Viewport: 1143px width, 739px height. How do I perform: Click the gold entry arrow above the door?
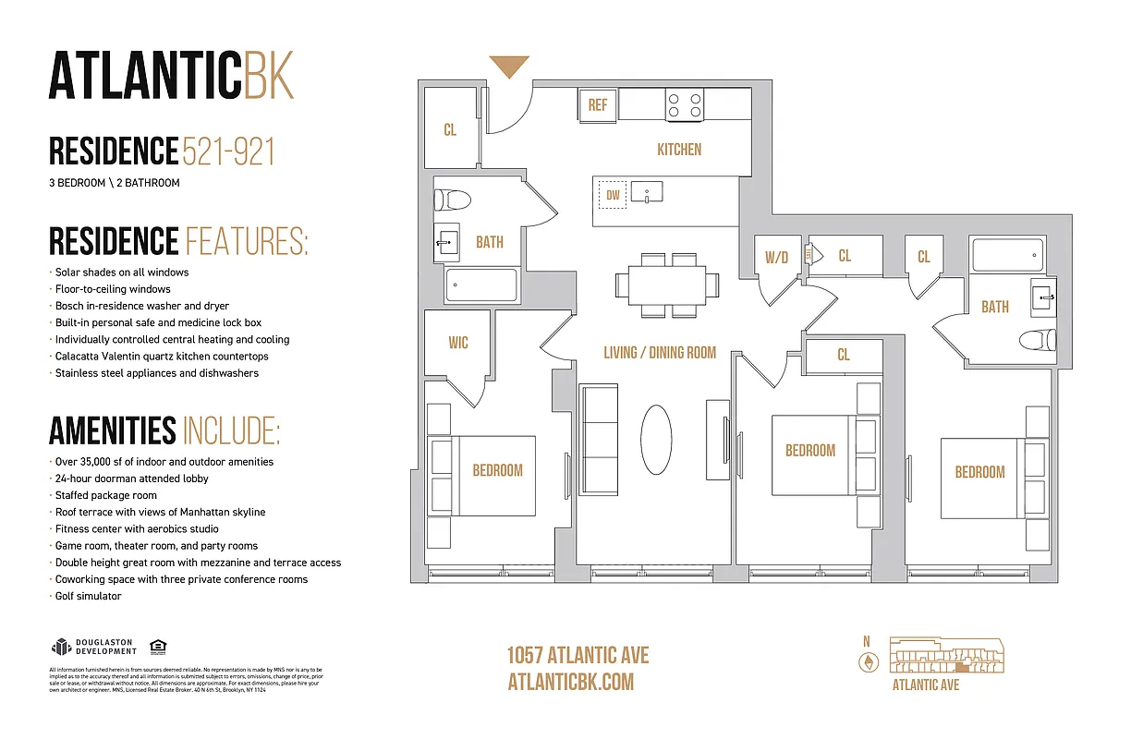(x=509, y=66)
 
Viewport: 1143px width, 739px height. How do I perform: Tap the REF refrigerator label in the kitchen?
(x=598, y=104)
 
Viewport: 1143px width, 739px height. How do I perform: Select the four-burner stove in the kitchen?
(x=685, y=104)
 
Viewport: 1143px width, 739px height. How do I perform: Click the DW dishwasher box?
(x=613, y=195)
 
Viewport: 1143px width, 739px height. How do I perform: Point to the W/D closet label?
(x=776, y=258)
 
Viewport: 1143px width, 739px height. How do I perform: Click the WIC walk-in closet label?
(x=458, y=343)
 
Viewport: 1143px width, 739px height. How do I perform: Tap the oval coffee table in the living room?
(x=657, y=440)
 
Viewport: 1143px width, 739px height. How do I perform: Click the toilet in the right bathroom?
(x=1037, y=340)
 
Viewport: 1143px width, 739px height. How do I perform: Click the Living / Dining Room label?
(x=660, y=352)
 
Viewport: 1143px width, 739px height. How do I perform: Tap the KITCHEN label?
(x=679, y=150)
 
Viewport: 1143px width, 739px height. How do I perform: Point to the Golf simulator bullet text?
(x=89, y=597)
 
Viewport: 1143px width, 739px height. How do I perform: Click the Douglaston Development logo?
(x=91, y=647)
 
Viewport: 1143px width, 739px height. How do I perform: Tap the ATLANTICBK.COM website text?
(x=571, y=682)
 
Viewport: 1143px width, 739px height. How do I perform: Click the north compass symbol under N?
(x=867, y=661)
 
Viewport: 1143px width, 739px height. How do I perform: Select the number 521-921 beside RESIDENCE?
(x=229, y=151)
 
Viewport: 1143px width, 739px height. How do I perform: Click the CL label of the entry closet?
(x=450, y=130)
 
